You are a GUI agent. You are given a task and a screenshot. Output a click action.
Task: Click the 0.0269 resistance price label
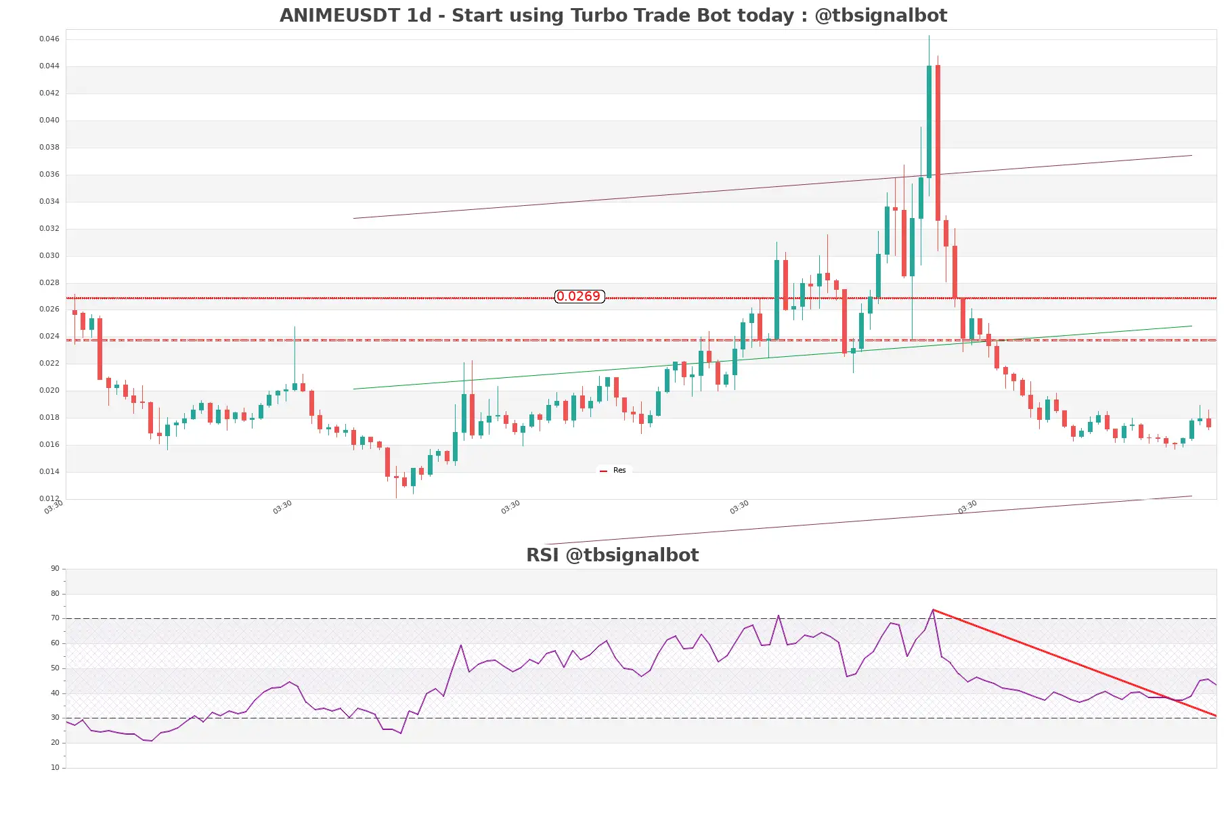pos(579,297)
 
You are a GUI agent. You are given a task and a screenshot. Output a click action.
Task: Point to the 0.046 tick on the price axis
pos(49,39)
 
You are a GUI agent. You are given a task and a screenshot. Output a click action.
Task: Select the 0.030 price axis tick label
pos(49,256)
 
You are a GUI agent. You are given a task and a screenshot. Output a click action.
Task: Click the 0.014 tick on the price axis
pos(49,472)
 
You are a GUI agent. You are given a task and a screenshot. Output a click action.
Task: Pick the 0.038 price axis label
pos(49,148)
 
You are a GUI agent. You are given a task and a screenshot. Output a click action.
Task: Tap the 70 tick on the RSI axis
pos(55,618)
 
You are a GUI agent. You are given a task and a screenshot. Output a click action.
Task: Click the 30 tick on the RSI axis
pos(55,718)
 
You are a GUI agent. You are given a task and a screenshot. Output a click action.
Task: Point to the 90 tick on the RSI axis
pos(55,569)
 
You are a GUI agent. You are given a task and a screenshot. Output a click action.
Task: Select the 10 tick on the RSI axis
pos(55,768)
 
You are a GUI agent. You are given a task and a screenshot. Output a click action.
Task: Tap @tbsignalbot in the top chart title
pos(881,16)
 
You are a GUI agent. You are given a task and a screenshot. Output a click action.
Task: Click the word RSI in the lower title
pos(542,555)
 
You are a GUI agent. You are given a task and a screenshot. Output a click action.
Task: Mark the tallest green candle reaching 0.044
pos(929,122)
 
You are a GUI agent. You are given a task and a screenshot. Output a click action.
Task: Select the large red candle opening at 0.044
pos(938,142)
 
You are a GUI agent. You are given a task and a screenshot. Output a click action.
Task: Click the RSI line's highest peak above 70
pos(933,611)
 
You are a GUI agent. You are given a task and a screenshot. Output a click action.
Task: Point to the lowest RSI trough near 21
pos(150,741)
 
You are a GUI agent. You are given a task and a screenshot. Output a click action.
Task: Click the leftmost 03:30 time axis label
pos(53,507)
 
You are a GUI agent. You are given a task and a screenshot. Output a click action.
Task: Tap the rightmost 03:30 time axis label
pos(967,507)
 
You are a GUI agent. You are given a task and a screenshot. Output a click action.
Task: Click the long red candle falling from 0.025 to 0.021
pos(100,349)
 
